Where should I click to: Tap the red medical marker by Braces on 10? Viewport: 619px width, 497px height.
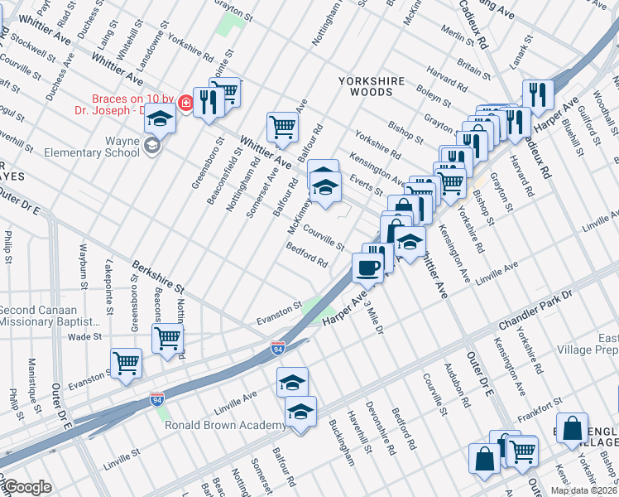pyautogui.click(x=185, y=104)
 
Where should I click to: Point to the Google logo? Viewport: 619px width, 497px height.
pyautogui.click(x=27, y=487)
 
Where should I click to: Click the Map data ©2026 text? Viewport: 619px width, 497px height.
pyautogui.click(x=583, y=490)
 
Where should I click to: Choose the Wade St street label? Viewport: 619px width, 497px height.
pyautogui.click(x=84, y=337)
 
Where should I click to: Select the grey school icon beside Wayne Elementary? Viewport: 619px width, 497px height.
pyautogui.click(x=151, y=147)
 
